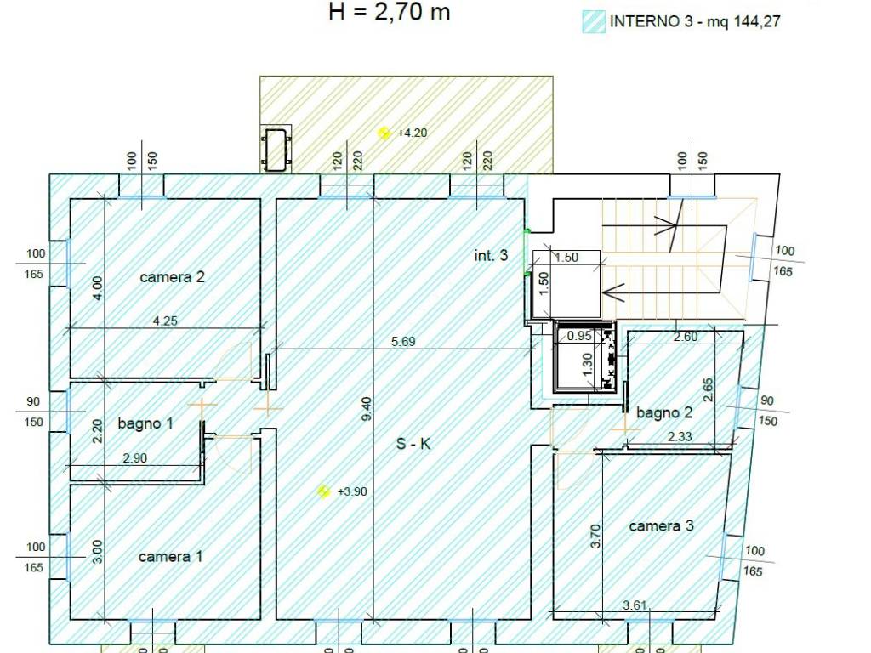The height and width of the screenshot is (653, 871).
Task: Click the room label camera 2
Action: [172, 276]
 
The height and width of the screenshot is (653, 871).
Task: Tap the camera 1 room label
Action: [170, 556]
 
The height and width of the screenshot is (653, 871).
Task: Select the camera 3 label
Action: [661, 525]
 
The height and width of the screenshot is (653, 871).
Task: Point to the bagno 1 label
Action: [145, 423]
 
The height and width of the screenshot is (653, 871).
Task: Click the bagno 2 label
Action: [664, 412]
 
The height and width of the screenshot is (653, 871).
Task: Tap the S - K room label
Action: [413, 444]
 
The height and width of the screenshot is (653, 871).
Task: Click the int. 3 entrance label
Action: [491, 255]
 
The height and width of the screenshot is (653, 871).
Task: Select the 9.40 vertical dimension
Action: [367, 409]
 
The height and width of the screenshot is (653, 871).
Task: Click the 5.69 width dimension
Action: [403, 342]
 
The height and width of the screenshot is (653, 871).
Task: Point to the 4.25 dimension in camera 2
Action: [165, 321]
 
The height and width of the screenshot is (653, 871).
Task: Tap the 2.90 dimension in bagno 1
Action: [135, 458]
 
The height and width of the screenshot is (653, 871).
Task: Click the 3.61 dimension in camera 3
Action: [635, 605]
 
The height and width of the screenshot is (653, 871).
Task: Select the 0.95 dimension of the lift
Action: [579, 335]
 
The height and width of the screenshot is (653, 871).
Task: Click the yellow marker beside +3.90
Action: [324, 491]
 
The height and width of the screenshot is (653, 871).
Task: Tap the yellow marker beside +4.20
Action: [384, 133]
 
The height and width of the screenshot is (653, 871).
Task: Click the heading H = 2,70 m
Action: [389, 12]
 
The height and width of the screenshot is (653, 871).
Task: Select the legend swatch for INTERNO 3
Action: [594, 22]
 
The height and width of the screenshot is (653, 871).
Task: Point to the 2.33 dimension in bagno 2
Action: [680, 436]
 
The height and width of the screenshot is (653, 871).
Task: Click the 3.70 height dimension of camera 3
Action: [595, 536]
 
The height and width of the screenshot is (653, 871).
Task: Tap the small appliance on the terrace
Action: [276, 148]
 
